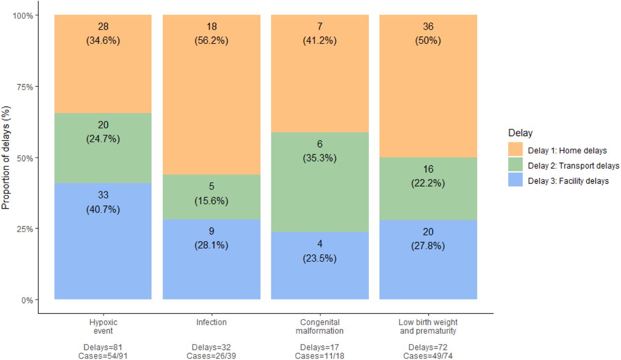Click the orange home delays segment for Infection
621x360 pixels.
pos(212,95)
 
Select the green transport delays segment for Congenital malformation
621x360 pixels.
pos(320,182)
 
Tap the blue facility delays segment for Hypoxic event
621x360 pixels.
pos(103,241)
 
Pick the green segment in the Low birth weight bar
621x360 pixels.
pos(428,189)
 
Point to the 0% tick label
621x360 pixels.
pos(27,300)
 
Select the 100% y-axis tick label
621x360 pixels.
pos(23,16)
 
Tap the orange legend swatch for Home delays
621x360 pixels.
pos(515,149)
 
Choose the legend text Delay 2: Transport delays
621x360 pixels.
pos(573,165)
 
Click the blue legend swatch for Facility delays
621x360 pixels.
pos(515,180)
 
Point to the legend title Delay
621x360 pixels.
pos(521,133)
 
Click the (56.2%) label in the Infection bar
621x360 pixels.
pos(212,40)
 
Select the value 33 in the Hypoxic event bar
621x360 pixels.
pos(103,195)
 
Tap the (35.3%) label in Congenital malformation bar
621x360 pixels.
pos(320,158)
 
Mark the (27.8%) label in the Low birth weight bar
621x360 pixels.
pos(428,245)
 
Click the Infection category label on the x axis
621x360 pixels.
pos(212,322)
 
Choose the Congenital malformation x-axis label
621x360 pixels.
pos(320,327)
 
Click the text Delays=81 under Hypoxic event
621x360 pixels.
pos(103,347)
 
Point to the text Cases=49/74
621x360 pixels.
pos(428,356)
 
